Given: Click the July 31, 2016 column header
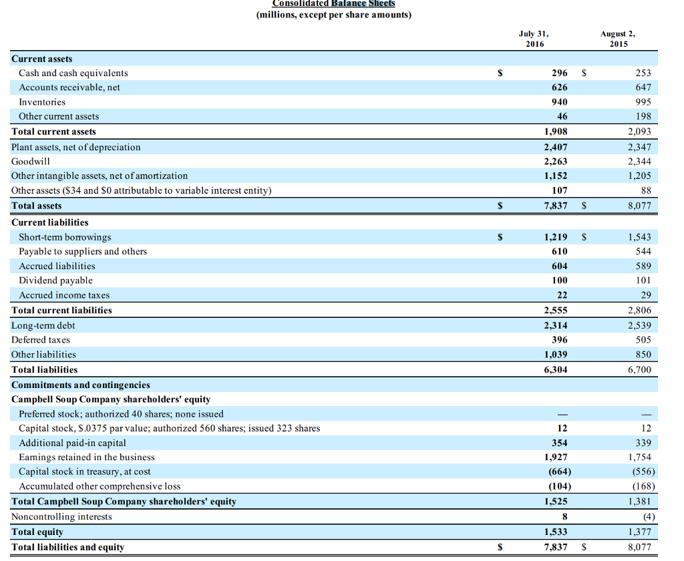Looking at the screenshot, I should (534, 39).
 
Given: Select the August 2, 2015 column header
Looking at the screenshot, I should (618, 39).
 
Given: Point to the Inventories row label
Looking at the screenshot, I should (42, 102).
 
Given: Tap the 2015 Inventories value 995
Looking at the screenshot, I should (642, 102).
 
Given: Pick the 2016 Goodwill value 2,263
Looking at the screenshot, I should (556, 161).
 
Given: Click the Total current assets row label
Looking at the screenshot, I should (53, 132).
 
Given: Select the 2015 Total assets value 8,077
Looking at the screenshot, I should (639, 206).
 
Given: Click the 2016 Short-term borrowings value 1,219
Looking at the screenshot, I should (556, 237).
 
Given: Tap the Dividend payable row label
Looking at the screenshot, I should (55, 280).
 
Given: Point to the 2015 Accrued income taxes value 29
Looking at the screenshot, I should (645, 295).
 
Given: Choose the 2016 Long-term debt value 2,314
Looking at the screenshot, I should (556, 325).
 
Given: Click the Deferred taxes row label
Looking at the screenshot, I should (41, 340).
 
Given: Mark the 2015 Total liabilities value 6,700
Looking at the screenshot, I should (639, 369).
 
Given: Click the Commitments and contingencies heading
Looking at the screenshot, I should (81, 385).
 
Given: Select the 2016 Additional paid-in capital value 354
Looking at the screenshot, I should (560, 443).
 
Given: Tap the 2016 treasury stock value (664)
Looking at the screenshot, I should (558, 472).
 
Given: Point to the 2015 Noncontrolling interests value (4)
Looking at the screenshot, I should (647, 516).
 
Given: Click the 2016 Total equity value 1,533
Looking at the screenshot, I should (556, 532).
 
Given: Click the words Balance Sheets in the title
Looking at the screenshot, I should (363, 3).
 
